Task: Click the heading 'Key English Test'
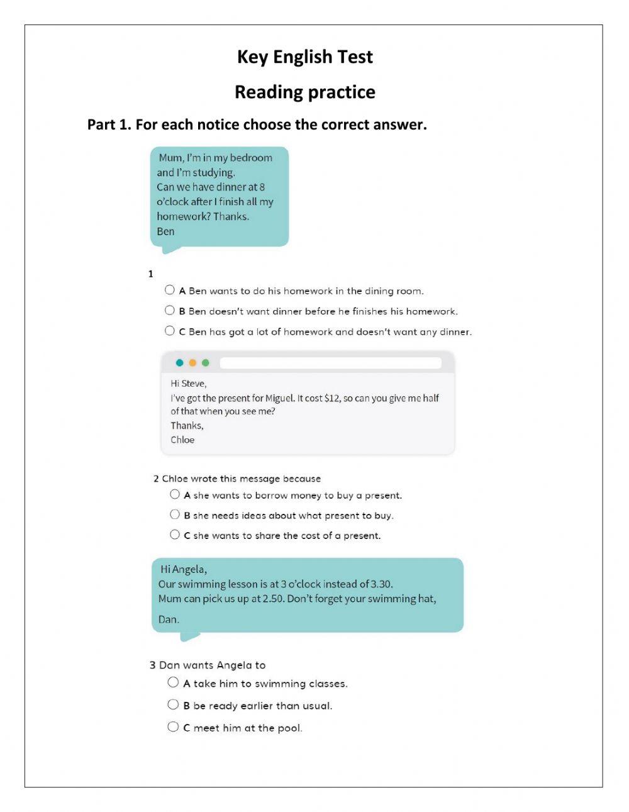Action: tap(304, 57)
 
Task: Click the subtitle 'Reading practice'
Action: tap(304, 92)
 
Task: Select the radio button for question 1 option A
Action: tap(170, 290)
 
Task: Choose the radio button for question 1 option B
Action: tap(170, 310)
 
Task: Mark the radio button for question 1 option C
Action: tap(170, 331)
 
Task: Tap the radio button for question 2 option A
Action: tap(175, 494)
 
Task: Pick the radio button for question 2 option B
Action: tap(175, 514)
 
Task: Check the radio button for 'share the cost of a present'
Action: tap(175, 535)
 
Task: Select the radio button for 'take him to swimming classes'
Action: tap(173, 682)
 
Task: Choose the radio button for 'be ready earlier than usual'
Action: tap(173, 704)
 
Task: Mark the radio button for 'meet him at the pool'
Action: tap(173, 727)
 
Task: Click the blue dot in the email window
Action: tap(180, 363)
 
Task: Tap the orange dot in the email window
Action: tap(192, 363)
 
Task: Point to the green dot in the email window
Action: tap(206, 363)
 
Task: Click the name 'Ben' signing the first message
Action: tap(165, 231)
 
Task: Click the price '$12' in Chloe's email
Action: tap(331, 398)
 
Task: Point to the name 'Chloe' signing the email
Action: tap(182, 440)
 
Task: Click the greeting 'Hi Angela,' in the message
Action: tap(184, 569)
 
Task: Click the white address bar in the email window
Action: tap(330, 363)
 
